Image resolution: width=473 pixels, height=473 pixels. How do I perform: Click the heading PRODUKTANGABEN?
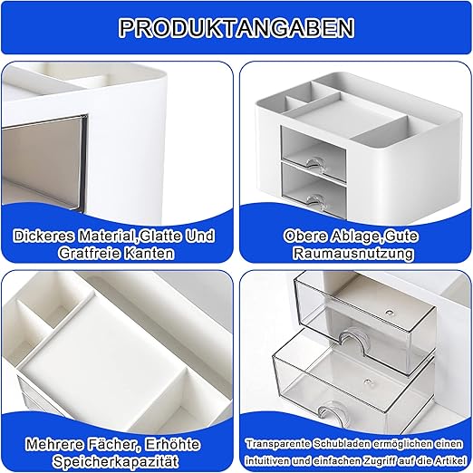point(236,28)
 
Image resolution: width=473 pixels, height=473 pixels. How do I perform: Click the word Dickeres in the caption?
point(43,236)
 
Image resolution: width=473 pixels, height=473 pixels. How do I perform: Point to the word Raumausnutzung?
point(353,253)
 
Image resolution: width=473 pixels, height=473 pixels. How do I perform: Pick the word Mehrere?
point(54,444)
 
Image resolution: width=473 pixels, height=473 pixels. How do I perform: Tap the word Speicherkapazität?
point(115,462)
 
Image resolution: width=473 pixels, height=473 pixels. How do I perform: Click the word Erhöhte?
point(172,444)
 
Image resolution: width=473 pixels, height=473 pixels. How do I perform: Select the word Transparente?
point(278,444)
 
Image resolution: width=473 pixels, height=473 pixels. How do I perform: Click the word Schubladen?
point(342,444)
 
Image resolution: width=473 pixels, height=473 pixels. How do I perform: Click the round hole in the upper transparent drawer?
point(390,312)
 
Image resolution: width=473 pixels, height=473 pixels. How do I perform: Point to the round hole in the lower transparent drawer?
point(367,381)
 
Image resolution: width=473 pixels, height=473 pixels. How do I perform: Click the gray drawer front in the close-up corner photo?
point(43,161)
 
